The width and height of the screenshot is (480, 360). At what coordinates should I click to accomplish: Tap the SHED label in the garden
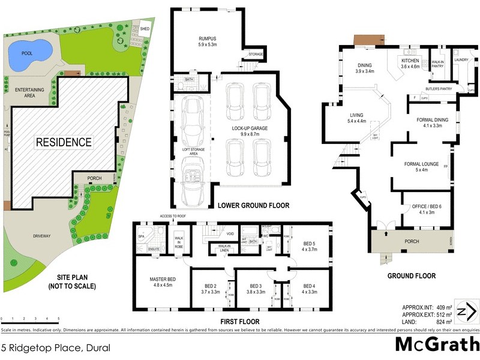tap(145, 28)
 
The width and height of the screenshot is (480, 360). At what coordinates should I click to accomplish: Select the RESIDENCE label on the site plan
tap(64, 142)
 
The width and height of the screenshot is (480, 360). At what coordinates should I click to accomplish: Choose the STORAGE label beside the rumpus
tap(256, 55)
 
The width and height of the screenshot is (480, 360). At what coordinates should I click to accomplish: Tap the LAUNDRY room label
tap(461, 60)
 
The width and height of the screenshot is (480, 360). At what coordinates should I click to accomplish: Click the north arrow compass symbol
tap(466, 311)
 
